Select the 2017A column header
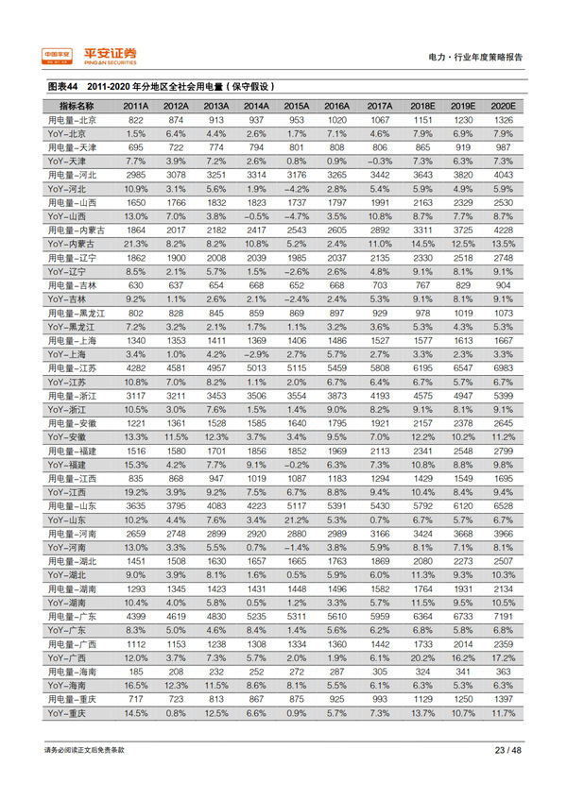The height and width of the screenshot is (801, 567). coord(379,106)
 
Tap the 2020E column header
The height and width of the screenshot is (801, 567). coord(503,106)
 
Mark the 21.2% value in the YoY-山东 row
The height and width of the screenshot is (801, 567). coord(297,519)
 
